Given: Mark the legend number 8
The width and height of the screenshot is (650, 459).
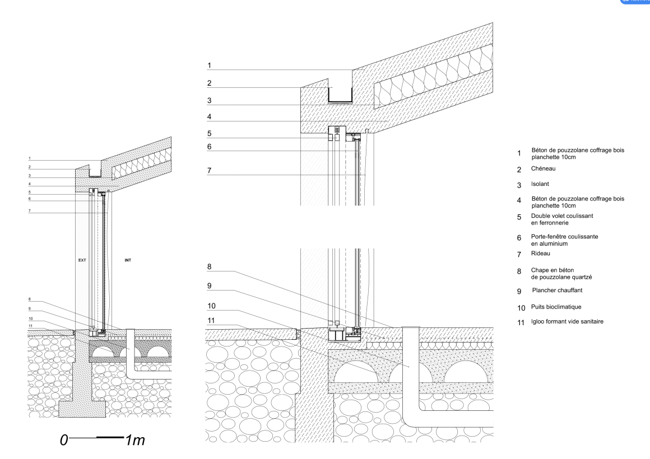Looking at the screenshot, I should click(x=519, y=273).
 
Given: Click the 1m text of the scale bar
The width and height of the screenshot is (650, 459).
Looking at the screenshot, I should click(x=135, y=440).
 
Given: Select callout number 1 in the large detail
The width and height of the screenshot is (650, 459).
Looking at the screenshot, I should click(x=208, y=65).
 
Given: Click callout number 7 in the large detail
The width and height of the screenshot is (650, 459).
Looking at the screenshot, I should click(x=208, y=169).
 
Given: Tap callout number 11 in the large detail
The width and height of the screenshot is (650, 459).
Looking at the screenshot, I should click(x=210, y=321).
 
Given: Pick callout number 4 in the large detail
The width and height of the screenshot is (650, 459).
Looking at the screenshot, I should click(x=208, y=118).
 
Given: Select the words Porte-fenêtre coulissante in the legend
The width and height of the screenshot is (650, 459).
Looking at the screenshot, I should click(x=564, y=237).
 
